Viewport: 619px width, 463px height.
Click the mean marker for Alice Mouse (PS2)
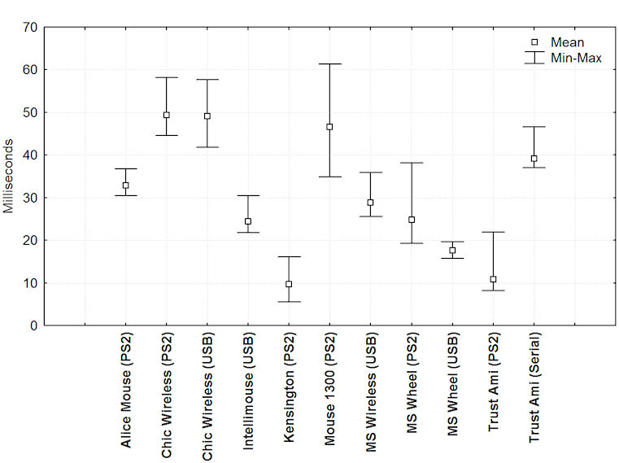tap(125, 186)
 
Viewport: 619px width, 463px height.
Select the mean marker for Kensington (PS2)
tap(289, 284)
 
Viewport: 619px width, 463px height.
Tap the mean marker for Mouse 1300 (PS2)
tap(329, 127)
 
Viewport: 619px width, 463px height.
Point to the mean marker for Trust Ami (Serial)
tap(534, 159)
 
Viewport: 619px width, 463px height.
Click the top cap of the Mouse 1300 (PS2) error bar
tap(329, 63)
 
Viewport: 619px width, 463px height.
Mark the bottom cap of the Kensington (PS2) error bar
tap(289, 302)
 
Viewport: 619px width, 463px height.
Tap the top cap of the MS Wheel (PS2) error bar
tap(412, 163)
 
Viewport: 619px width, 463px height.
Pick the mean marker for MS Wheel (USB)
tap(452, 251)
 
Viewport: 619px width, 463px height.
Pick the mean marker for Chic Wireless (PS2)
tap(167, 115)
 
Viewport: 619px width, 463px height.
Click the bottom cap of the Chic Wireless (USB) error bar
tap(207, 147)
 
